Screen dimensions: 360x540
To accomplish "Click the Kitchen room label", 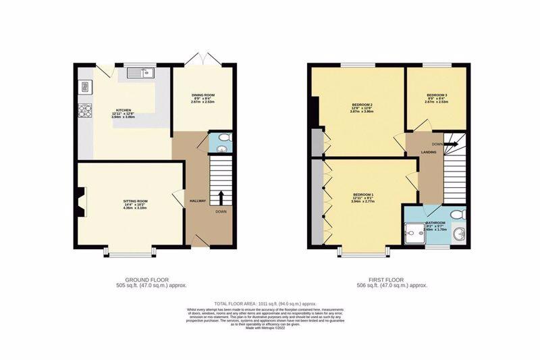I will point(123,109).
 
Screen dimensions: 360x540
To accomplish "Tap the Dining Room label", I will point(202,95).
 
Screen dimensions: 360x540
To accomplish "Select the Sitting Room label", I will point(136,201).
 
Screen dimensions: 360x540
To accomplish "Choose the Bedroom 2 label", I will point(362,105).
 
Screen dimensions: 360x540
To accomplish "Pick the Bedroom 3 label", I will point(437,95).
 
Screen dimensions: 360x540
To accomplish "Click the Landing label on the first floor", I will point(429,152).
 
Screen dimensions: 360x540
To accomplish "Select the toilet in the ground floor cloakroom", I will point(225,139).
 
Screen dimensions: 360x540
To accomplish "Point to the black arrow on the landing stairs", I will point(450,144).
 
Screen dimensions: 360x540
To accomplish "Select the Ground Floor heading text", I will point(146,280).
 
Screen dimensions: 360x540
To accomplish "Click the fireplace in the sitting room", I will point(81,201).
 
